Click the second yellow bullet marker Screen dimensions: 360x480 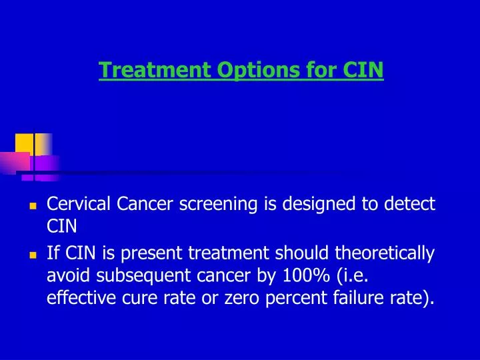click(x=32, y=255)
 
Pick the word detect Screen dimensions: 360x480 click(x=410, y=204)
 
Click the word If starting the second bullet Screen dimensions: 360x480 click(x=53, y=253)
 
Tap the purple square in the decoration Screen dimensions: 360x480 click(x=47, y=164)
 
